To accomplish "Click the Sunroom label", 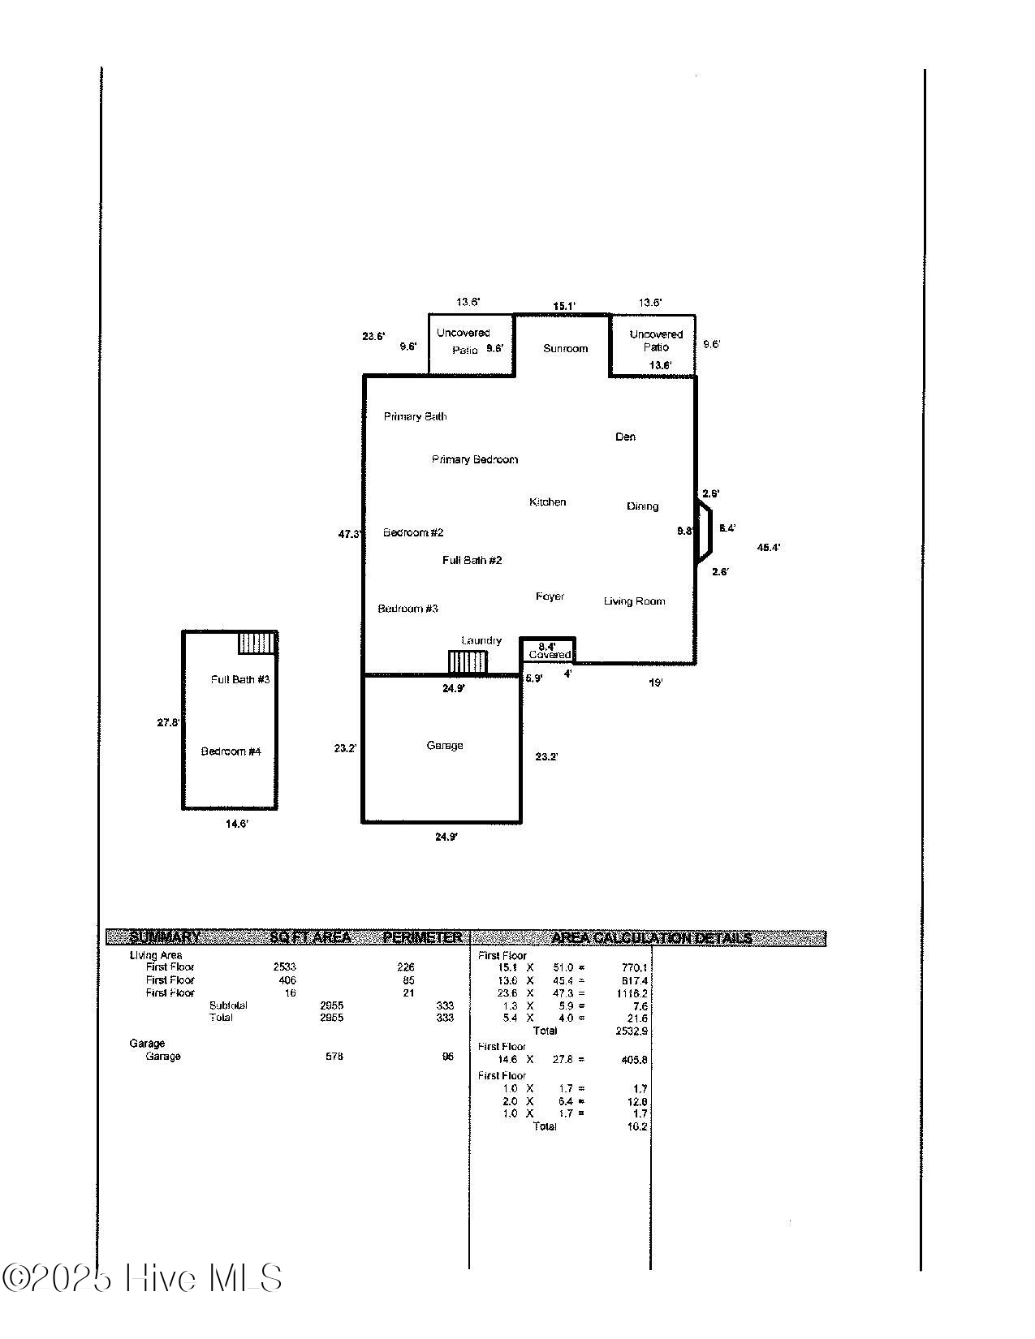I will coord(565,348).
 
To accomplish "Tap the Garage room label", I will coord(445,745).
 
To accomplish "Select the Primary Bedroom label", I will coord(475,459).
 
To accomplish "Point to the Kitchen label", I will coord(548,502).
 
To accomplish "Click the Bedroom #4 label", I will coord(231,751).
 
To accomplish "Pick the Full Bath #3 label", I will coord(240,679).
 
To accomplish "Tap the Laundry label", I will coord(481,640).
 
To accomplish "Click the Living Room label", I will coord(634,601).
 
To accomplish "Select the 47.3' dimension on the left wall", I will coord(349,534).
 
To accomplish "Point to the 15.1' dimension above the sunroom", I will coord(564,306).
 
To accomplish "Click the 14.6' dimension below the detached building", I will coord(237,824).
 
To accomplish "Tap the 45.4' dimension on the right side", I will coord(769,548).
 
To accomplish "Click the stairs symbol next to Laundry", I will coord(468,661).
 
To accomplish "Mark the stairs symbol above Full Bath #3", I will coord(257,644).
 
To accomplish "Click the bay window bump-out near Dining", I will coord(704,532).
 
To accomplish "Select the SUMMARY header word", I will coord(165,937).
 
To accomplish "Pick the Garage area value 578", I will coord(334,1057).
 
